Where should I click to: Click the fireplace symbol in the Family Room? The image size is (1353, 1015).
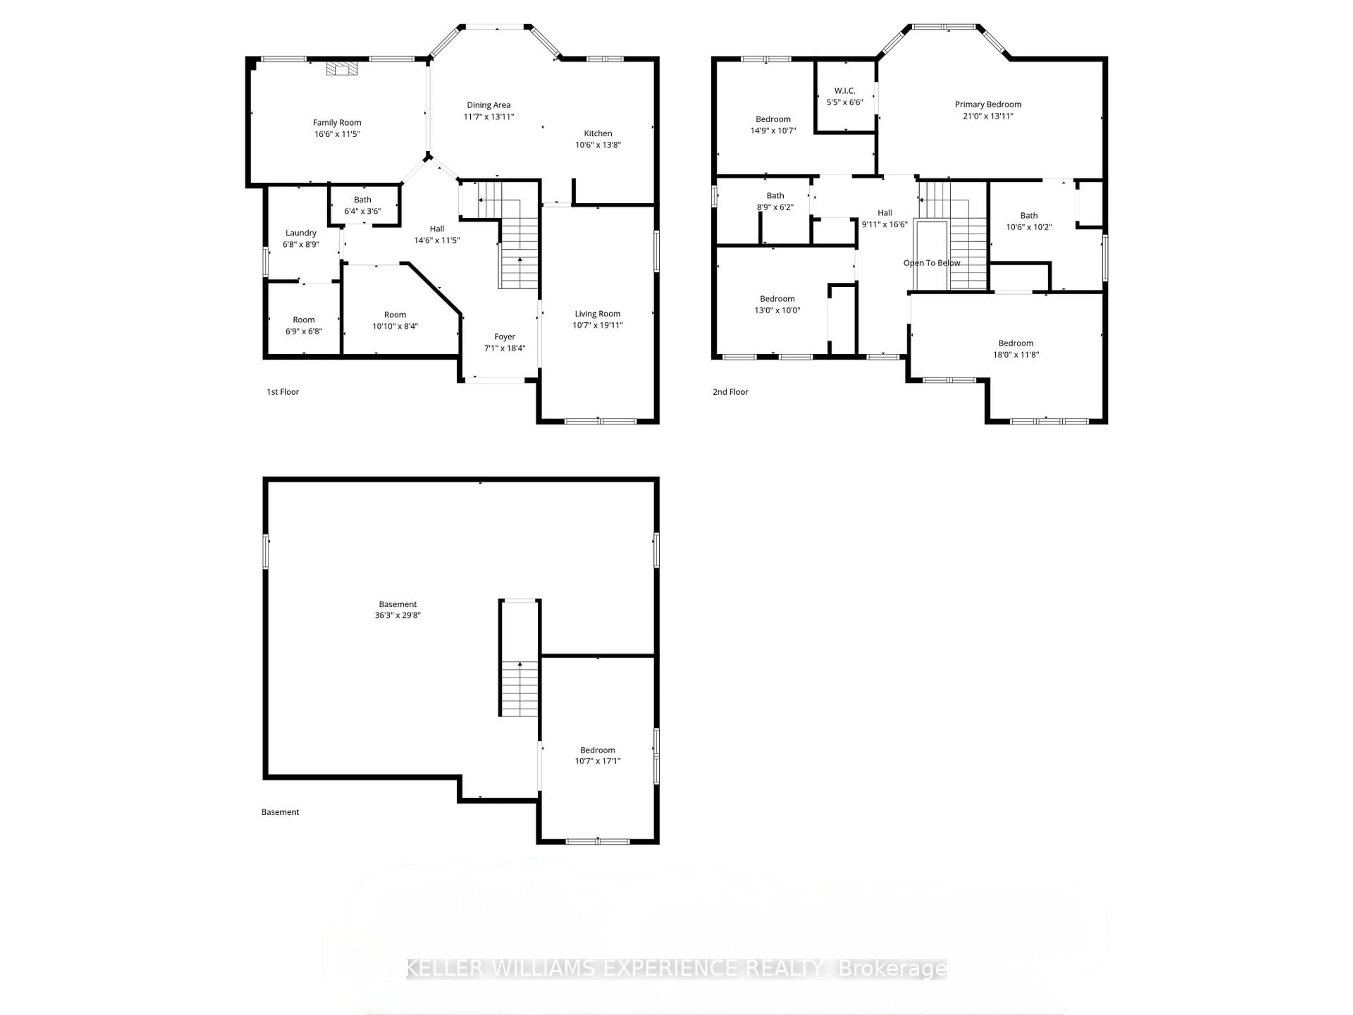click(341, 68)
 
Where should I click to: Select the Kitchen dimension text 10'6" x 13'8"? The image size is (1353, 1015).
click(598, 145)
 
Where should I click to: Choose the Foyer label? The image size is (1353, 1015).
click(505, 337)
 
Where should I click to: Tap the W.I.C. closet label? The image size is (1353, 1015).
click(844, 91)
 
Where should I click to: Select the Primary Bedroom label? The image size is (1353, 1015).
click(988, 105)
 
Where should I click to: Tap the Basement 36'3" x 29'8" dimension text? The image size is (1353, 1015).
click(397, 615)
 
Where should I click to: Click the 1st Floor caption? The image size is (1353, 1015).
click(283, 392)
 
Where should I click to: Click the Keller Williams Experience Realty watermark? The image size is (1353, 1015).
click(676, 968)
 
